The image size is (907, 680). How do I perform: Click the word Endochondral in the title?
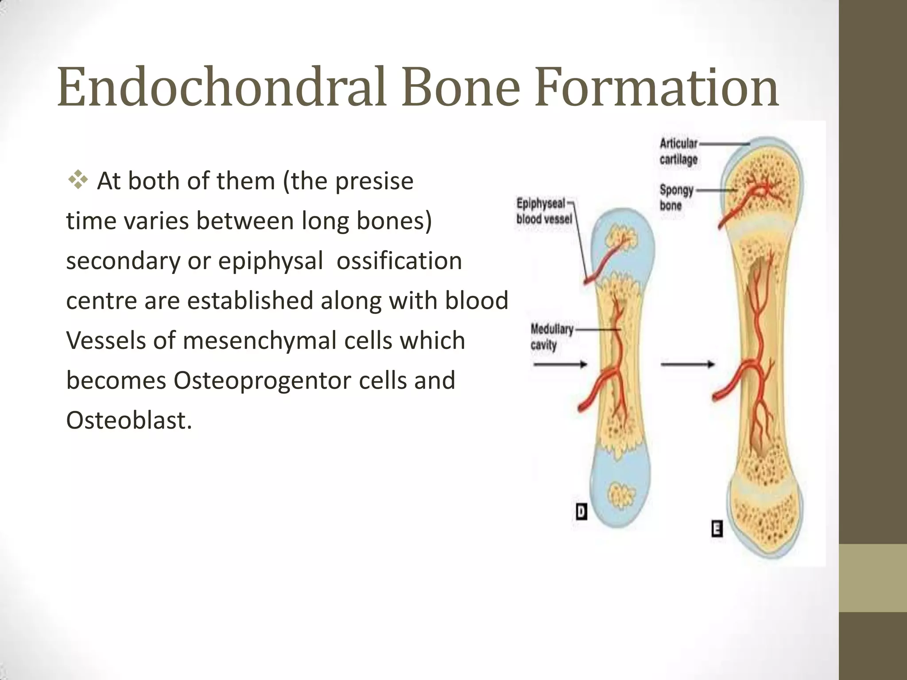tap(224, 87)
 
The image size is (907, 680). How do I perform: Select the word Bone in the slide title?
tap(461, 87)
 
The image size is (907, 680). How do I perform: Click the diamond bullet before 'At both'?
tap(78, 181)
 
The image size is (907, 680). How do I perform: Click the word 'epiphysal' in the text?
tap(271, 261)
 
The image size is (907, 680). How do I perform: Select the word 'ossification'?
tap(399, 260)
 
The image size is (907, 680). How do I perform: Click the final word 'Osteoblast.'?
tap(129, 420)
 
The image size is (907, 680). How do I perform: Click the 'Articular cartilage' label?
tap(678, 151)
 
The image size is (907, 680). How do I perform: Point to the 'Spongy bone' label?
tap(676, 197)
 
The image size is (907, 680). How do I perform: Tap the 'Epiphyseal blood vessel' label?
tap(544, 211)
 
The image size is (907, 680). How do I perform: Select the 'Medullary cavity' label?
tap(552, 337)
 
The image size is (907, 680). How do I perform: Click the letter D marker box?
tap(581, 512)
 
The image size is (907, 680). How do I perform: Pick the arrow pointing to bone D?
tap(560, 364)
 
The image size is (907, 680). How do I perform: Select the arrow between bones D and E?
tap(688, 364)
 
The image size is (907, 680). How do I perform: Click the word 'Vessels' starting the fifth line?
tap(106, 341)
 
